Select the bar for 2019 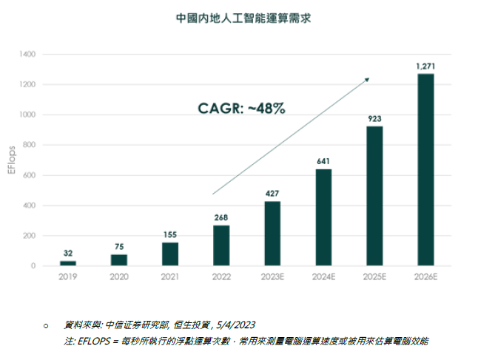pos(68,263)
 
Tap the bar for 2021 pos(170,254)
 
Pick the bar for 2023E pos(272,233)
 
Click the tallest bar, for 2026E pos(425,169)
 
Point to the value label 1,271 pos(425,67)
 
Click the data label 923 pos(374,118)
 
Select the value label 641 pos(323,161)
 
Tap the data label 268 pos(221,217)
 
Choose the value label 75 pos(119,247)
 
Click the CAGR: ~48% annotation pos(241,108)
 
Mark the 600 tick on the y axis pos(29,175)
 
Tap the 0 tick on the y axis pos(33,265)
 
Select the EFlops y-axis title pos(11,160)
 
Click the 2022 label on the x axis pos(221,276)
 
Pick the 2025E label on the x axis pos(374,276)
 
